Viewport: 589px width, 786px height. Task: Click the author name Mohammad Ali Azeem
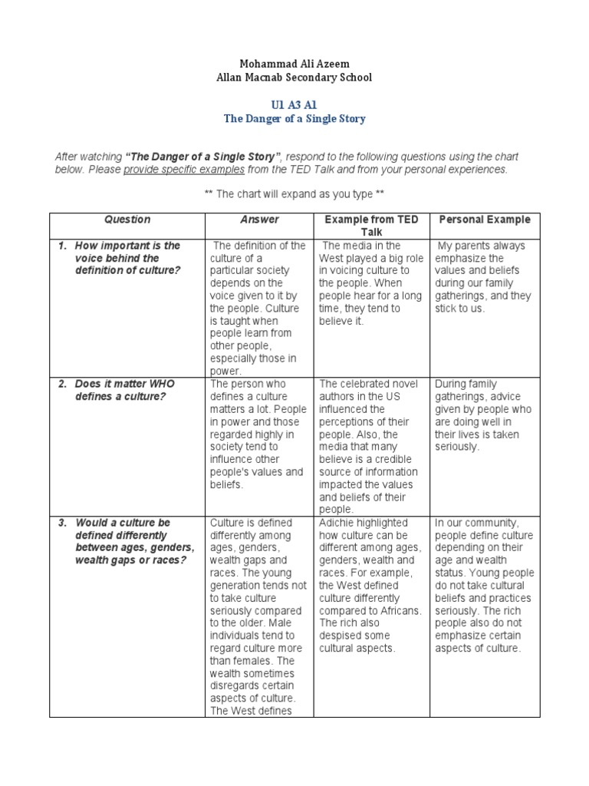[294, 64]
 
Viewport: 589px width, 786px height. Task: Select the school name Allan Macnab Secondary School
[294, 78]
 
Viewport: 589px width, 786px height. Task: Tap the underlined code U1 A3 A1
[294, 104]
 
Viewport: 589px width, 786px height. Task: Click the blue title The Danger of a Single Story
[294, 119]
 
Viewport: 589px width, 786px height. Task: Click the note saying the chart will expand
[294, 194]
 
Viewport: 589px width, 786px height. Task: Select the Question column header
[127, 220]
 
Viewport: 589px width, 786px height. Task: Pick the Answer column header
[259, 220]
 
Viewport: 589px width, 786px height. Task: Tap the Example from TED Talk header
[371, 226]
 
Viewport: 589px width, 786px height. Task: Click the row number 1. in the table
[64, 246]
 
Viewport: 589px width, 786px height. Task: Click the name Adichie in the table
[338, 523]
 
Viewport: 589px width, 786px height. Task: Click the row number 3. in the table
[64, 523]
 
